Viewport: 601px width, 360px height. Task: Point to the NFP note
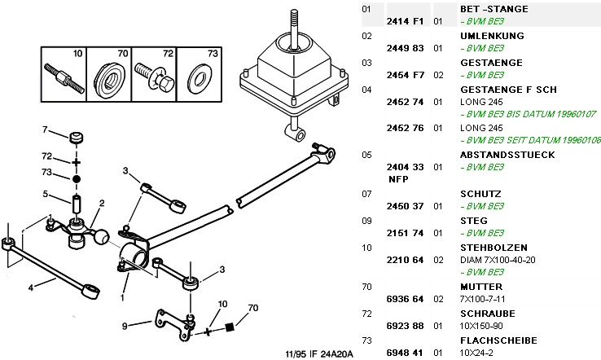[x=397, y=178]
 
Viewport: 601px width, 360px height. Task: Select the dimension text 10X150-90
[x=481, y=325]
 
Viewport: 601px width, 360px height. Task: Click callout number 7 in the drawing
[x=46, y=130]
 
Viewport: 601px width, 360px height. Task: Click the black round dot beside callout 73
[x=76, y=178]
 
